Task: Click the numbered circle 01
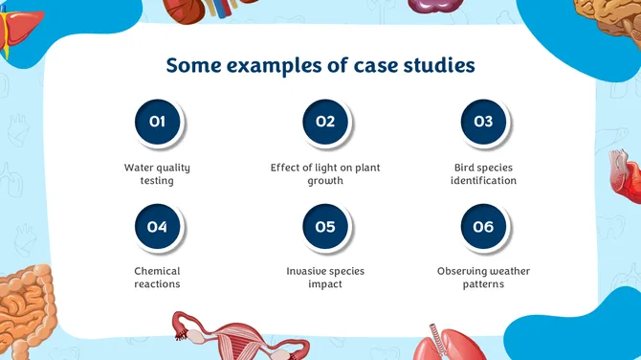click(158, 122)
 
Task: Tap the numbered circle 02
click(325, 122)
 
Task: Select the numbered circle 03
click(483, 122)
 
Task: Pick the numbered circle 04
click(158, 227)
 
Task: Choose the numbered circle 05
click(325, 227)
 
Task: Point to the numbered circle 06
click(483, 227)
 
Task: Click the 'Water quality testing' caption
click(157, 173)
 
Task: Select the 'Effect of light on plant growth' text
click(325, 173)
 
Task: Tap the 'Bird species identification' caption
click(483, 173)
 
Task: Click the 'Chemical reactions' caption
click(157, 278)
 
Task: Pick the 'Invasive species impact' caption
click(325, 278)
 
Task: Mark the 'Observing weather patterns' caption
click(483, 278)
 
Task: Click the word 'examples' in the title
click(262, 66)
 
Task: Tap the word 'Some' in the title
click(189, 65)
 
